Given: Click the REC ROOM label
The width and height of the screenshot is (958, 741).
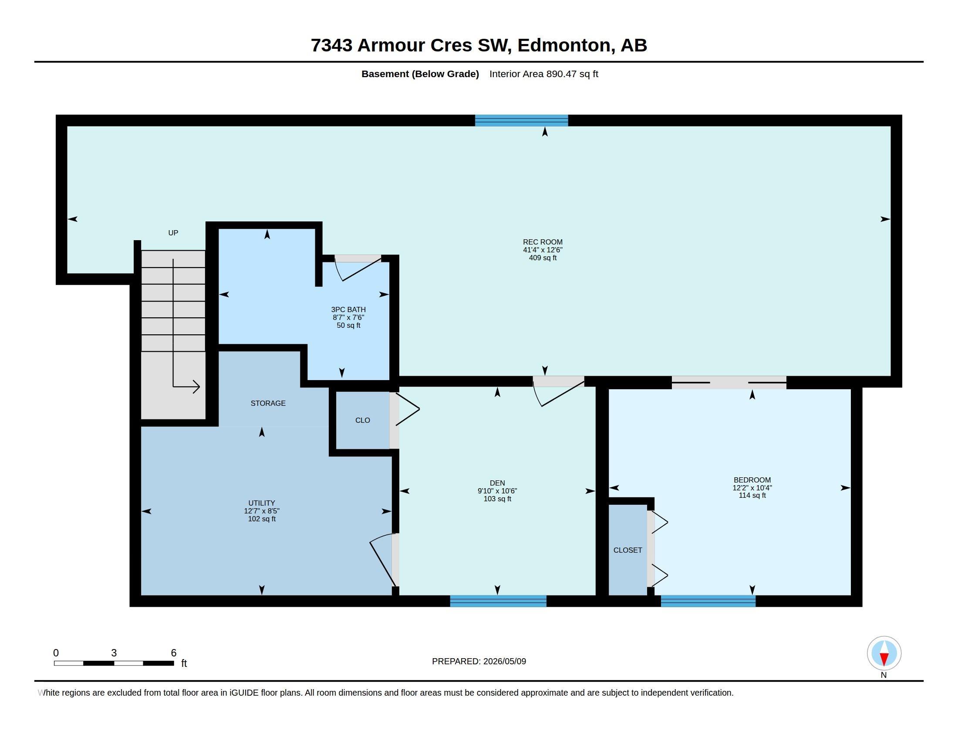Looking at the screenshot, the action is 543,242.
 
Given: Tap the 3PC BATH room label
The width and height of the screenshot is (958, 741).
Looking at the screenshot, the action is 348,309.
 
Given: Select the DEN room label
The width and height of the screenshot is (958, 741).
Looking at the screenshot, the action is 497,483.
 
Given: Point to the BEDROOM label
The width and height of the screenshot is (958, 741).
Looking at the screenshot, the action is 752,480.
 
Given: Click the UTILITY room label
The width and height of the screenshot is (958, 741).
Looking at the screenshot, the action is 262,503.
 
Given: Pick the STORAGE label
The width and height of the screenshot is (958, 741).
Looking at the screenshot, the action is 268,403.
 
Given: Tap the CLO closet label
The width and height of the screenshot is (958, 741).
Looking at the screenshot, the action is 363,420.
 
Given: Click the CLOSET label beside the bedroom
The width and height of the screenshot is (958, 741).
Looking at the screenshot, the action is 627,550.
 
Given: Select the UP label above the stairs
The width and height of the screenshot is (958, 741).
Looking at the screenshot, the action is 173,233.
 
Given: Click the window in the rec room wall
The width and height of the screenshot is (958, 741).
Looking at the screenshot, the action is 522,120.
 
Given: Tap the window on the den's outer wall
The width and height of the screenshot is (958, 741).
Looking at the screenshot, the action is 498,601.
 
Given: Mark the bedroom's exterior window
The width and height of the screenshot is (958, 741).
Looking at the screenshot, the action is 708,601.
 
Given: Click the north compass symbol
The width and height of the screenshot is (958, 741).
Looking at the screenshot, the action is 884,654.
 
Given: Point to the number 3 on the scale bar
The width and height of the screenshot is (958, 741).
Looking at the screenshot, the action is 114,653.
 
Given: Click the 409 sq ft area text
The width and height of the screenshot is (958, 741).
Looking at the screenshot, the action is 543,258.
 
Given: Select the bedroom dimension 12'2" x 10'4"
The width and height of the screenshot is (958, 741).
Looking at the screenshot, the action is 752,488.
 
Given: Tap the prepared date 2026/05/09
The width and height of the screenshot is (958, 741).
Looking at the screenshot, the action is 504,661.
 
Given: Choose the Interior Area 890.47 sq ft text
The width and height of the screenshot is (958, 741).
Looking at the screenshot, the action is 544,74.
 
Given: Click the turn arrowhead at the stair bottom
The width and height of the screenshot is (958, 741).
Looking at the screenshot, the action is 196,387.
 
